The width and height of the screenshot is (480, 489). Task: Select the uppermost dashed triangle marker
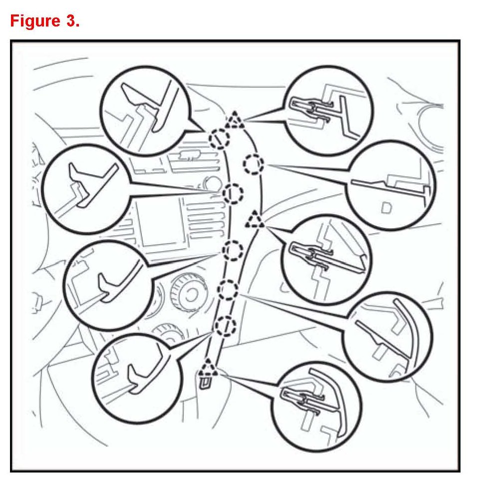pyautogui.click(x=233, y=120)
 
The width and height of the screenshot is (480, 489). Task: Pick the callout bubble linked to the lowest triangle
pyautogui.click(x=317, y=404)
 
